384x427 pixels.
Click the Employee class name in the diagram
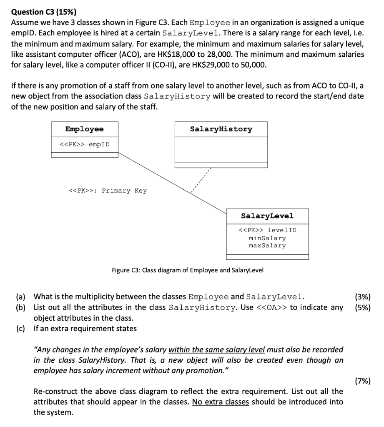(84, 129)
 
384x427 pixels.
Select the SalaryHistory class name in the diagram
(221, 129)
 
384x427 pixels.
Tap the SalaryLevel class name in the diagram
(267, 216)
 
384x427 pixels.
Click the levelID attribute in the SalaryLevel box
(267, 230)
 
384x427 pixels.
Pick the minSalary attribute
(267, 238)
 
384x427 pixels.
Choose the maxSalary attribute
(267, 246)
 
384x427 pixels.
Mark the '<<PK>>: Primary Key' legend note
(107, 191)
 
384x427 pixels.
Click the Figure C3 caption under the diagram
(188, 270)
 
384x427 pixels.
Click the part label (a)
(21, 297)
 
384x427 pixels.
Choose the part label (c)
(21, 329)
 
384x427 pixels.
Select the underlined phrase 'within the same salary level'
(217, 349)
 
